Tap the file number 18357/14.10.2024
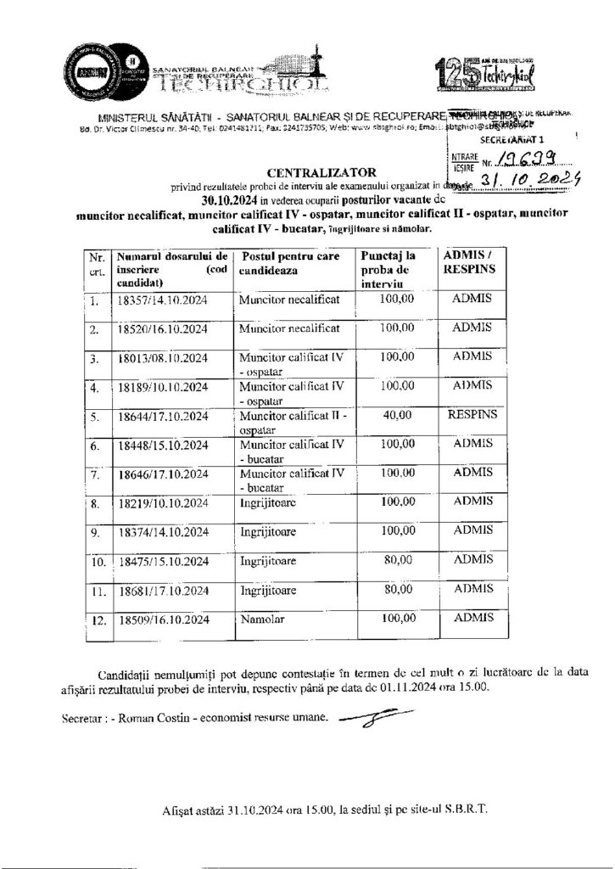(163, 300)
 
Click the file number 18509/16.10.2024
(163, 620)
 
